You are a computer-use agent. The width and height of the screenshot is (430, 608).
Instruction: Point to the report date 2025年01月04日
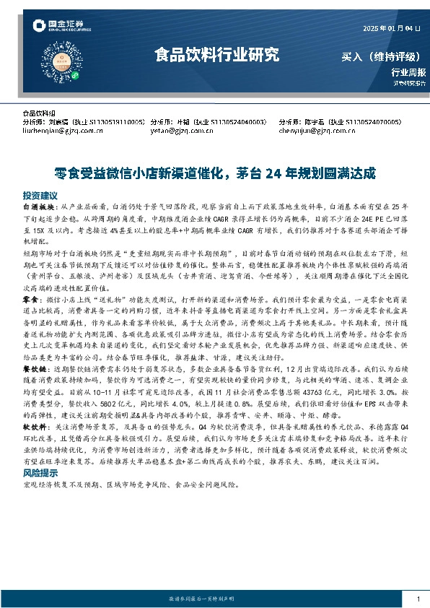pos(387,28)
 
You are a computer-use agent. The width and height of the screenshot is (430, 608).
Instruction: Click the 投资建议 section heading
pos(40,196)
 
